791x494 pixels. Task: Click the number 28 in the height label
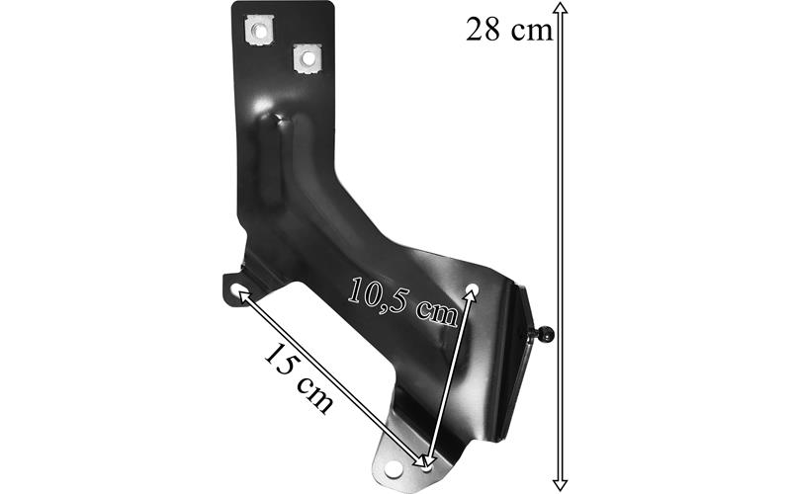[x=483, y=30]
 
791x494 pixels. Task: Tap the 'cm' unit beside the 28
[x=532, y=32]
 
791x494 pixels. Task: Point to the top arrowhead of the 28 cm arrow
[x=561, y=8]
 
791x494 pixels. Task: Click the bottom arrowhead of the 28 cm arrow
[x=560, y=485]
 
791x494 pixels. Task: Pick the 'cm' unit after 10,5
[x=437, y=314]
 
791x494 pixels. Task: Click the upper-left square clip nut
[x=260, y=31]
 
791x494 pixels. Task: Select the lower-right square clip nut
[x=308, y=58]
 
